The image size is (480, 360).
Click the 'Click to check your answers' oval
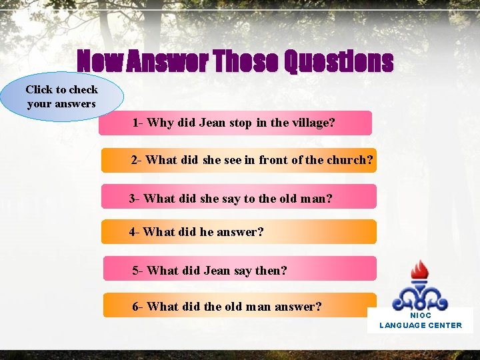point(61,97)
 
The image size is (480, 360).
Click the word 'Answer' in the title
point(169,62)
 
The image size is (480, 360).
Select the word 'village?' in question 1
point(313,123)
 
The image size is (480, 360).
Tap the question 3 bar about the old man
point(239,197)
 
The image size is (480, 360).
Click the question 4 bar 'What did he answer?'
point(239,232)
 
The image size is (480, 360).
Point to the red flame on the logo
point(419,270)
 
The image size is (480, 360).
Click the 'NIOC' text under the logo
point(421,315)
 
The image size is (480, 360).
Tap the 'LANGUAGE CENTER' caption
point(421,325)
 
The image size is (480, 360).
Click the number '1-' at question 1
point(138,123)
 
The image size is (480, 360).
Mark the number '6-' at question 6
point(138,307)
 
